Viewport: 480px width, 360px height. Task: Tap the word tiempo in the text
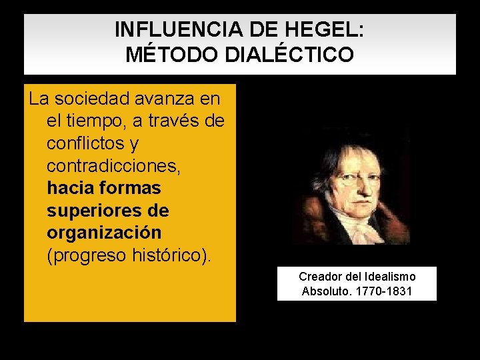tap(96, 121)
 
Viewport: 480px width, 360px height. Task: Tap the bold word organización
tap(104, 233)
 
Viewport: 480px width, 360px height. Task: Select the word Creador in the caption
tap(319, 276)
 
